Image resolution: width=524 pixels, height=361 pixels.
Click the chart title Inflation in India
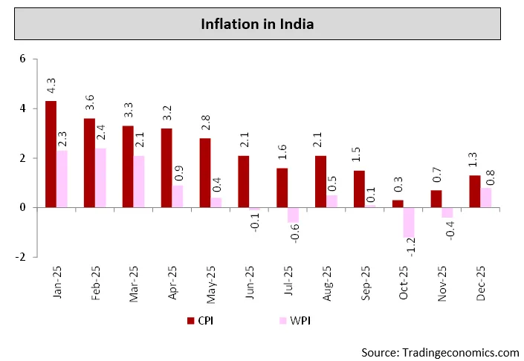click(257, 25)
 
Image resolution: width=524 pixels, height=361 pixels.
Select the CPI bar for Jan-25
click(51, 155)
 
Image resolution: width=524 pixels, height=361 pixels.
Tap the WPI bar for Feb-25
click(100, 178)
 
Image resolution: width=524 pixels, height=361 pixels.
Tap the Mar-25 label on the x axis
click(135, 283)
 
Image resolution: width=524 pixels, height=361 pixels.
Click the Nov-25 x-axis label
click(443, 283)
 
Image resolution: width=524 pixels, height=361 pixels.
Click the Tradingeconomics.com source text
click(440, 351)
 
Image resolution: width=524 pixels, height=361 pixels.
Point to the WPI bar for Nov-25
click(447, 213)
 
